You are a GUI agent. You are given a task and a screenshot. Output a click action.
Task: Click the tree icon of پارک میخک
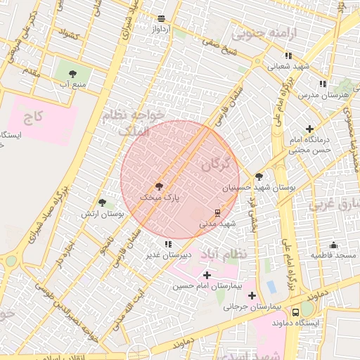pyautogui.click(x=158, y=186)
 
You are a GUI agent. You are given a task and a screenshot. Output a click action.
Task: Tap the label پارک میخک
pyautogui.click(x=160, y=198)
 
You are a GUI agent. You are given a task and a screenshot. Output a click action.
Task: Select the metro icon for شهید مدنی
pyautogui.click(x=217, y=212)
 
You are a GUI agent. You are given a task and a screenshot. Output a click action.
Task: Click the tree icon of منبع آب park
pyautogui.click(x=72, y=73)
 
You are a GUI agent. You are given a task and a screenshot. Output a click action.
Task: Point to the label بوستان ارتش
pyautogui.click(x=97, y=213)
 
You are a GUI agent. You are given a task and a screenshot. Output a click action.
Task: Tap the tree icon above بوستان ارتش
pyautogui.click(x=103, y=202)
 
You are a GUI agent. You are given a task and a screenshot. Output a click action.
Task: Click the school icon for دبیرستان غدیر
pyautogui.click(x=167, y=244)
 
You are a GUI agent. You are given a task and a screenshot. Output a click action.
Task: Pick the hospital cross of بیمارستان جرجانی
pyautogui.click(x=252, y=295)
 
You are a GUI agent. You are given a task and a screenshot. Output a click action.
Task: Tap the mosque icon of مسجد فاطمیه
pyautogui.click(x=333, y=245)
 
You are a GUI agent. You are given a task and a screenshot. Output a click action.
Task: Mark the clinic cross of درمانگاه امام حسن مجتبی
pyautogui.click(x=309, y=129)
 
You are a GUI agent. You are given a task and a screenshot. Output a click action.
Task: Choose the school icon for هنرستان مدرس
pyautogui.click(x=323, y=84)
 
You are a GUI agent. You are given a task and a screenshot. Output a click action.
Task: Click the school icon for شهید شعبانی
pyautogui.click(x=288, y=56)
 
